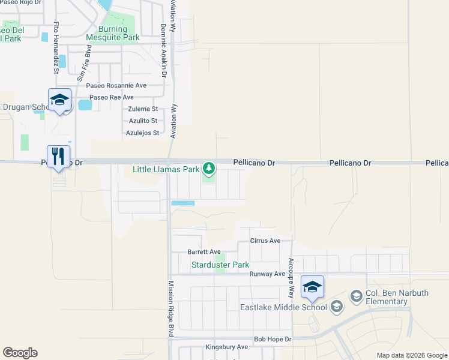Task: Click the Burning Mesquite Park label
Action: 113,33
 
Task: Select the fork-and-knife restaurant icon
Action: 58,157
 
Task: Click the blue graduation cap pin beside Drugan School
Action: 59,100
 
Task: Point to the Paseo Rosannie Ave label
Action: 116,86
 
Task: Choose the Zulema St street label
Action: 143,109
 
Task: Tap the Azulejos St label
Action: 142,133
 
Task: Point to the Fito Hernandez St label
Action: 56,47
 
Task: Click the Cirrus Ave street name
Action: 265,241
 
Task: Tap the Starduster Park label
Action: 220,265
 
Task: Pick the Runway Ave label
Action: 267,274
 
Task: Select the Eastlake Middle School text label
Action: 283,308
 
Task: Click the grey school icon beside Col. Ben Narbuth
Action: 356,296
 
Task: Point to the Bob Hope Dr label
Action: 272,339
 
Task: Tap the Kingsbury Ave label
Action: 226,347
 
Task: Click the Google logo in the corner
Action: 20,353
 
